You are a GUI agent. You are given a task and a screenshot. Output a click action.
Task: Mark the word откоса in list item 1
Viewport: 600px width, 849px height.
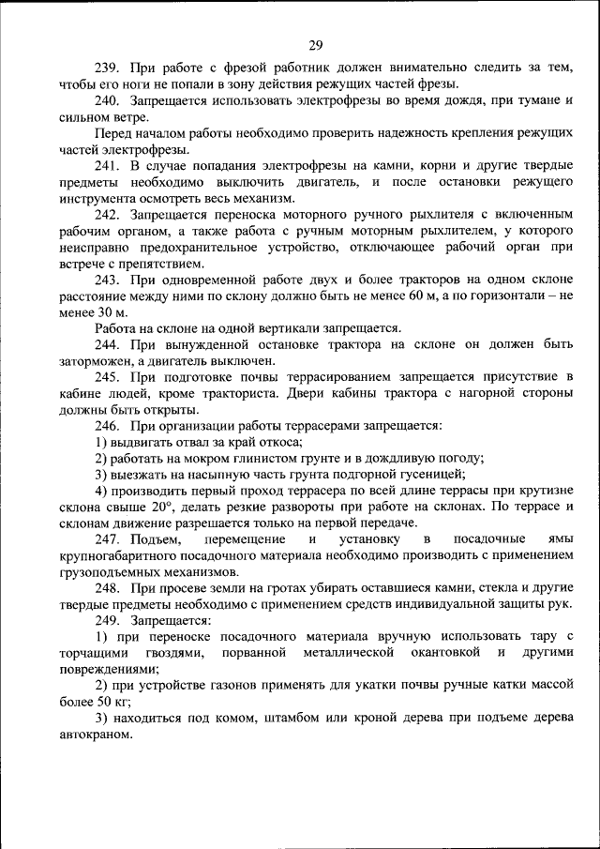[x=280, y=442]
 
